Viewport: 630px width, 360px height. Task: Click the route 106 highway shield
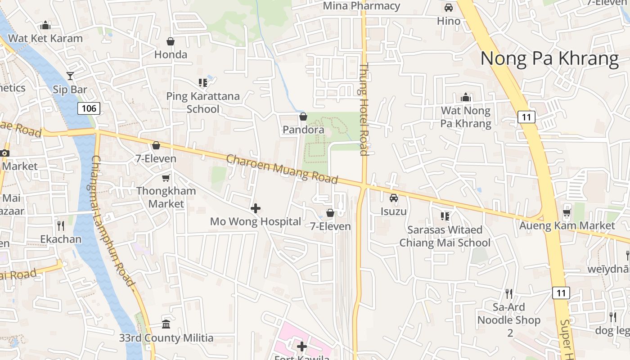click(x=89, y=108)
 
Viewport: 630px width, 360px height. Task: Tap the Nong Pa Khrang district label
click(x=549, y=59)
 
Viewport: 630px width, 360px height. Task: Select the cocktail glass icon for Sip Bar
click(x=70, y=76)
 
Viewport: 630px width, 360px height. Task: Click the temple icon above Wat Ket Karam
click(x=45, y=25)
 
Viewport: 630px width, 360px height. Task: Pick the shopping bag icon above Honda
click(x=171, y=41)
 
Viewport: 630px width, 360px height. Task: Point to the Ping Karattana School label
click(x=203, y=102)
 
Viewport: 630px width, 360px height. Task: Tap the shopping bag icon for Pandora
click(x=303, y=117)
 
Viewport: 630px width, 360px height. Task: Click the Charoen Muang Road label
click(x=282, y=169)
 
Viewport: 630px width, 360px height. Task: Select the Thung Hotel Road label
click(x=364, y=109)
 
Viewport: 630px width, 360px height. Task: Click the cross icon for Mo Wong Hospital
click(x=256, y=208)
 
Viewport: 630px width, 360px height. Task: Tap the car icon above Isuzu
click(x=394, y=198)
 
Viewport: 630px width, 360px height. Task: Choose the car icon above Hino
click(x=449, y=8)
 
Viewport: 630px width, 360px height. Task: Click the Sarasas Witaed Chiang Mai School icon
click(x=445, y=216)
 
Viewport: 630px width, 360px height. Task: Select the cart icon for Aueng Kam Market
click(x=567, y=212)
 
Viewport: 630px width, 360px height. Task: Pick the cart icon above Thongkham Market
click(x=166, y=178)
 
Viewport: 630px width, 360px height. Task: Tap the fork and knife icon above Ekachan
click(x=61, y=225)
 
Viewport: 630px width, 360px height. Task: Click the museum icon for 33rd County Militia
click(x=166, y=324)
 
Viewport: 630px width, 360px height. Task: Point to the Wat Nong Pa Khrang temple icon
click(x=466, y=97)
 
